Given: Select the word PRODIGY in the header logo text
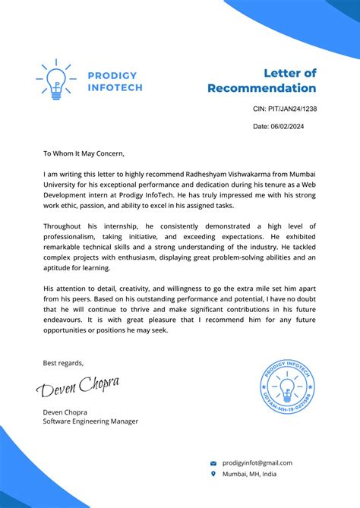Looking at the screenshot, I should pos(112,75).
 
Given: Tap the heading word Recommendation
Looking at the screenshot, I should pos(261,88).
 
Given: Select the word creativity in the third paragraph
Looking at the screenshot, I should pos(147,289).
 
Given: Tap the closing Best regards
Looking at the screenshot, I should pos(63,362).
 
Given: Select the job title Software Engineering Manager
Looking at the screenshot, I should pos(90,421).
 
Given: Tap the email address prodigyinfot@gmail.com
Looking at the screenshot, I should pos(257,462).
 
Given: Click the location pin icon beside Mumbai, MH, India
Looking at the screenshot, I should pos(213,474).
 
